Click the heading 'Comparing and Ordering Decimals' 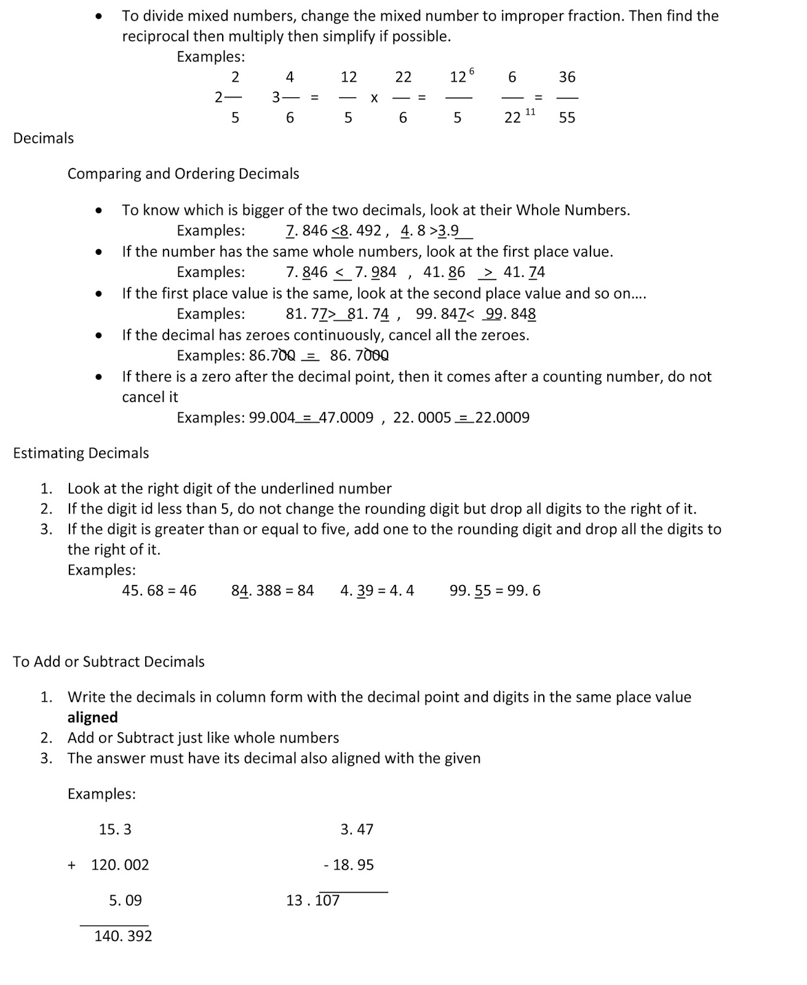(x=183, y=174)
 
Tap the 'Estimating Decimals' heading (x=81, y=453)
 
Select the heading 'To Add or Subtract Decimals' (x=109, y=662)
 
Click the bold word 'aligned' (x=92, y=717)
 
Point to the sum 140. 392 (x=123, y=936)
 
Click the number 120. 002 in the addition (x=120, y=865)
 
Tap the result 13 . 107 (x=312, y=901)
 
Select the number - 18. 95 (x=349, y=865)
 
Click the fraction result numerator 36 (x=566, y=77)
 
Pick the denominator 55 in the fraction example (x=566, y=118)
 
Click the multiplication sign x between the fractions (x=373, y=98)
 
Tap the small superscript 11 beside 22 (x=530, y=111)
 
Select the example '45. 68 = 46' (x=159, y=590)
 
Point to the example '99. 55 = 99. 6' (x=495, y=590)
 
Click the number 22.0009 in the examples (x=502, y=417)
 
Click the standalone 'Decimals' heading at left (x=44, y=138)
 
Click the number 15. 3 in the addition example (x=115, y=829)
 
